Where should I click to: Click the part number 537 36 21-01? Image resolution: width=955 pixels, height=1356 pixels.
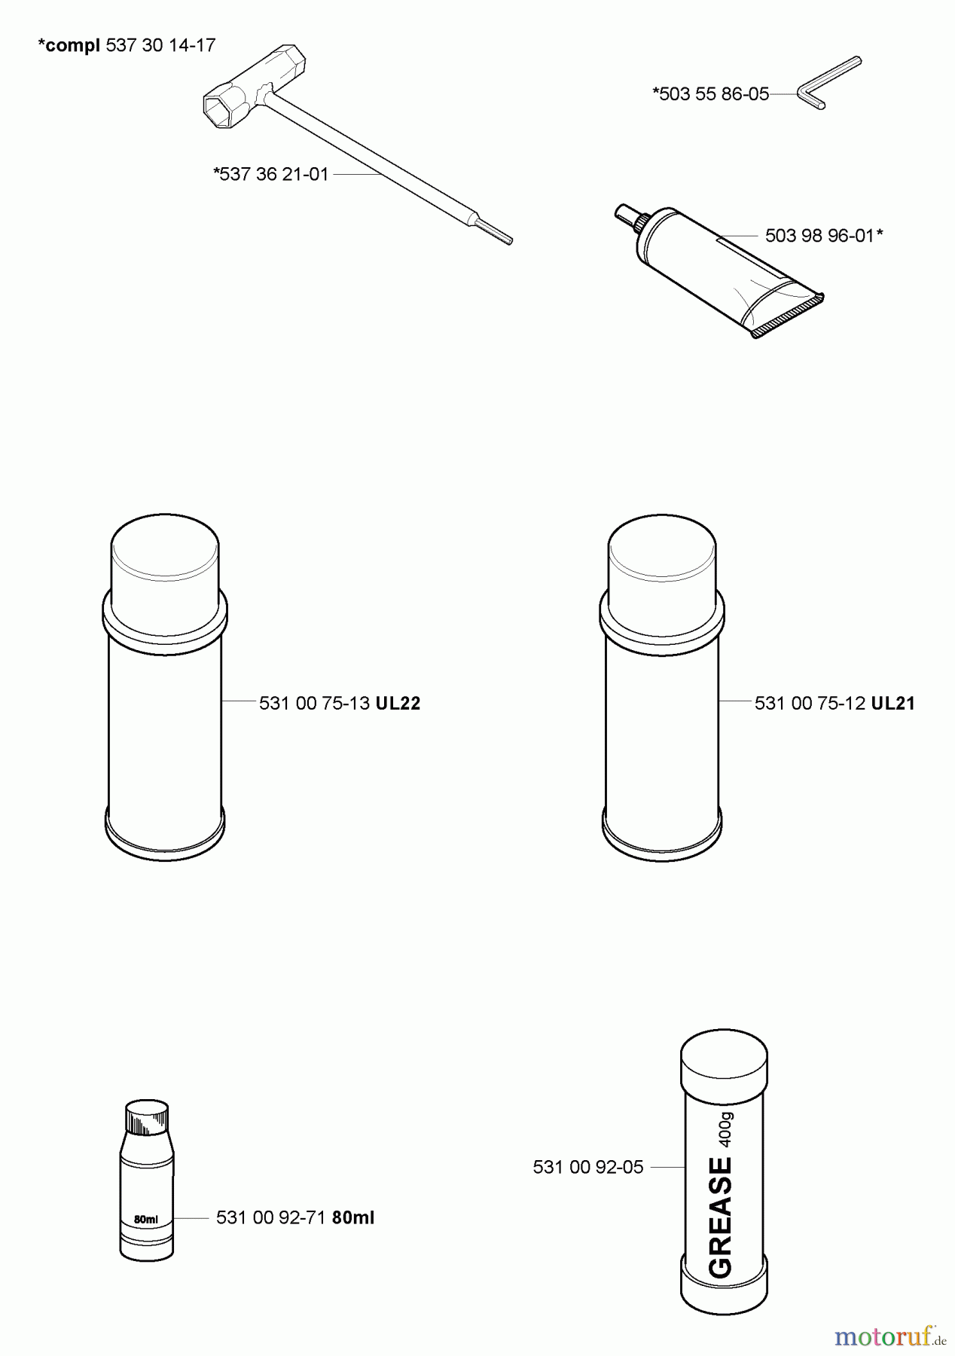pyautogui.click(x=275, y=175)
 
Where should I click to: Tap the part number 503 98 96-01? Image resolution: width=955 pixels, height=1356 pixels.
pyautogui.click(x=820, y=236)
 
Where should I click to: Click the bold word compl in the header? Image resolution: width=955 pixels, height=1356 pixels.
pyautogui.click(x=72, y=46)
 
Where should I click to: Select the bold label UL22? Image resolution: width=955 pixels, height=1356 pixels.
pyautogui.click(x=398, y=704)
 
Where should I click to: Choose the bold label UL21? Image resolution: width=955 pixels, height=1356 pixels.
pyautogui.click(x=893, y=704)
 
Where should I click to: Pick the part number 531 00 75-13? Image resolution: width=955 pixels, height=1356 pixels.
pyautogui.click(x=314, y=704)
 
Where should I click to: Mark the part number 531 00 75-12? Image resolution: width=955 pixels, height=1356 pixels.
pyautogui.click(x=810, y=704)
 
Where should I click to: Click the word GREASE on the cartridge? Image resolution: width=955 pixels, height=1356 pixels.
pyautogui.click(x=721, y=1217)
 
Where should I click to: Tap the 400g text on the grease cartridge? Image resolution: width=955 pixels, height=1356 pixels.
pyautogui.click(x=725, y=1128)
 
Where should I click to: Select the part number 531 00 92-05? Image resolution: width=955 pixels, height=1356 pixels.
pyautogui.click(x=588, y=1168)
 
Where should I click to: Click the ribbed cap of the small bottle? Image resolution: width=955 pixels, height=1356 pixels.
pyautogui.click(x=147, y=1117)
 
